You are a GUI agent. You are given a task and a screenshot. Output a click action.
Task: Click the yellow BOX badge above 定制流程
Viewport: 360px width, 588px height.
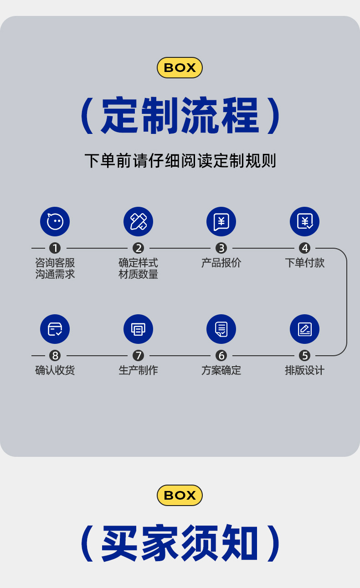pyautogui.click(x=180, y=67)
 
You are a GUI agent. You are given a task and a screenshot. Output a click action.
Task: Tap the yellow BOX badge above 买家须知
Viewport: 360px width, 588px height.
pyautogui.click(x=180, y=495)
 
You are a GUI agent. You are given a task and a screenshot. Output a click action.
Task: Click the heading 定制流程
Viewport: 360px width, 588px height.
pyautogui.click(x=180, y=116)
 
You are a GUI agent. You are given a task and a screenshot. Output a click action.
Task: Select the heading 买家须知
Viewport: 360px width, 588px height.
pyautogui.click(x=180, y=543)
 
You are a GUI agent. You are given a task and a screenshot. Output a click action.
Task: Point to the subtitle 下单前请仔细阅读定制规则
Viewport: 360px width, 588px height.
pyautogui.click(x=180, y=161)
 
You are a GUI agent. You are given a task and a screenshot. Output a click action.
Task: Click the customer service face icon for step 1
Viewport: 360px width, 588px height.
pyautogui.click(x=55, y=222)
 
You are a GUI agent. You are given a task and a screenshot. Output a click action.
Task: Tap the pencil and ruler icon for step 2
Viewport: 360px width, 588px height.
pyautogui.click(x=138, y=222)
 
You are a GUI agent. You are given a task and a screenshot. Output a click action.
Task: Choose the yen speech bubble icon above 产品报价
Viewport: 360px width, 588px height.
pyautogui.click(x=221, y=222)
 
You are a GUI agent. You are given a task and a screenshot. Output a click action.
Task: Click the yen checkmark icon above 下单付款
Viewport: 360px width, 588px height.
pyautogui.click(x=304, y=222)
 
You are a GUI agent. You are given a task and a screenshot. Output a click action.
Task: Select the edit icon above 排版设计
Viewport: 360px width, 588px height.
pyautogui.click(x=304, y=329)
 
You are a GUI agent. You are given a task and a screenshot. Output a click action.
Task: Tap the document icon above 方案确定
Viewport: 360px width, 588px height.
pyautogui.click(x=221, y=329)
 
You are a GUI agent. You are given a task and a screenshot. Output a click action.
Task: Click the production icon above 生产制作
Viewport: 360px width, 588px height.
pyautogui.click(x=138, y=329)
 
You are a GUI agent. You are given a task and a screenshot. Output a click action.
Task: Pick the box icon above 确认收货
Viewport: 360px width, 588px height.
pyautogui.click(x=55, y=329)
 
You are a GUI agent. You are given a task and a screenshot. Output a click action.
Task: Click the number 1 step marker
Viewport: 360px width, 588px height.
pyautogui.click(x=55, y=248)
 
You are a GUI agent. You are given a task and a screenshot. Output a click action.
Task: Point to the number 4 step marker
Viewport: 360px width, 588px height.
pyautogui.click(x=304, y=248)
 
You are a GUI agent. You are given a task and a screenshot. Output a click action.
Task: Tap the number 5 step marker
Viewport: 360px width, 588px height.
pyautogui.click(x=304, y=355)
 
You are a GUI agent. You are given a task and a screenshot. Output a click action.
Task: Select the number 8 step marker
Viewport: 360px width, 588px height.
pyautogui.click(x=55, y=355)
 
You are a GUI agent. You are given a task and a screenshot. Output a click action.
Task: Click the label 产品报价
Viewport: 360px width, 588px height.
pyautogui.click(x=221, y=263)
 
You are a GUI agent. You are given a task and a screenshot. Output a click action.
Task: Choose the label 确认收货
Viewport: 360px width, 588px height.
pyautogui.click(x=55, y=370)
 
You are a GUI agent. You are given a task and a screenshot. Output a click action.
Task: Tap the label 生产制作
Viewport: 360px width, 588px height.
pyautogui.click(x=138, y=370)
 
